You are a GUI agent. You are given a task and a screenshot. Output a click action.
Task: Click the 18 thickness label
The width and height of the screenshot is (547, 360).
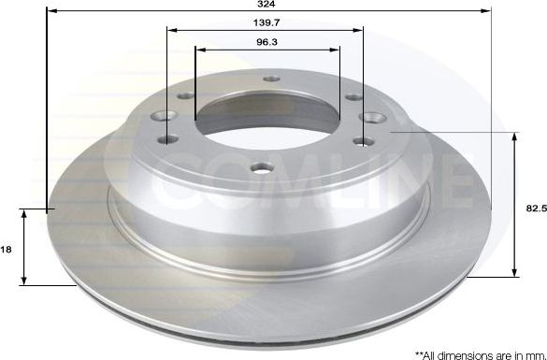point(7,250)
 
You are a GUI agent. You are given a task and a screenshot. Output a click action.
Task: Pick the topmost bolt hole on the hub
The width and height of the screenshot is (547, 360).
point(271,80)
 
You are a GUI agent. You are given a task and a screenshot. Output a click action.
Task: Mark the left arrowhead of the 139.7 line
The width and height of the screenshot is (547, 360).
point(171,29)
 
